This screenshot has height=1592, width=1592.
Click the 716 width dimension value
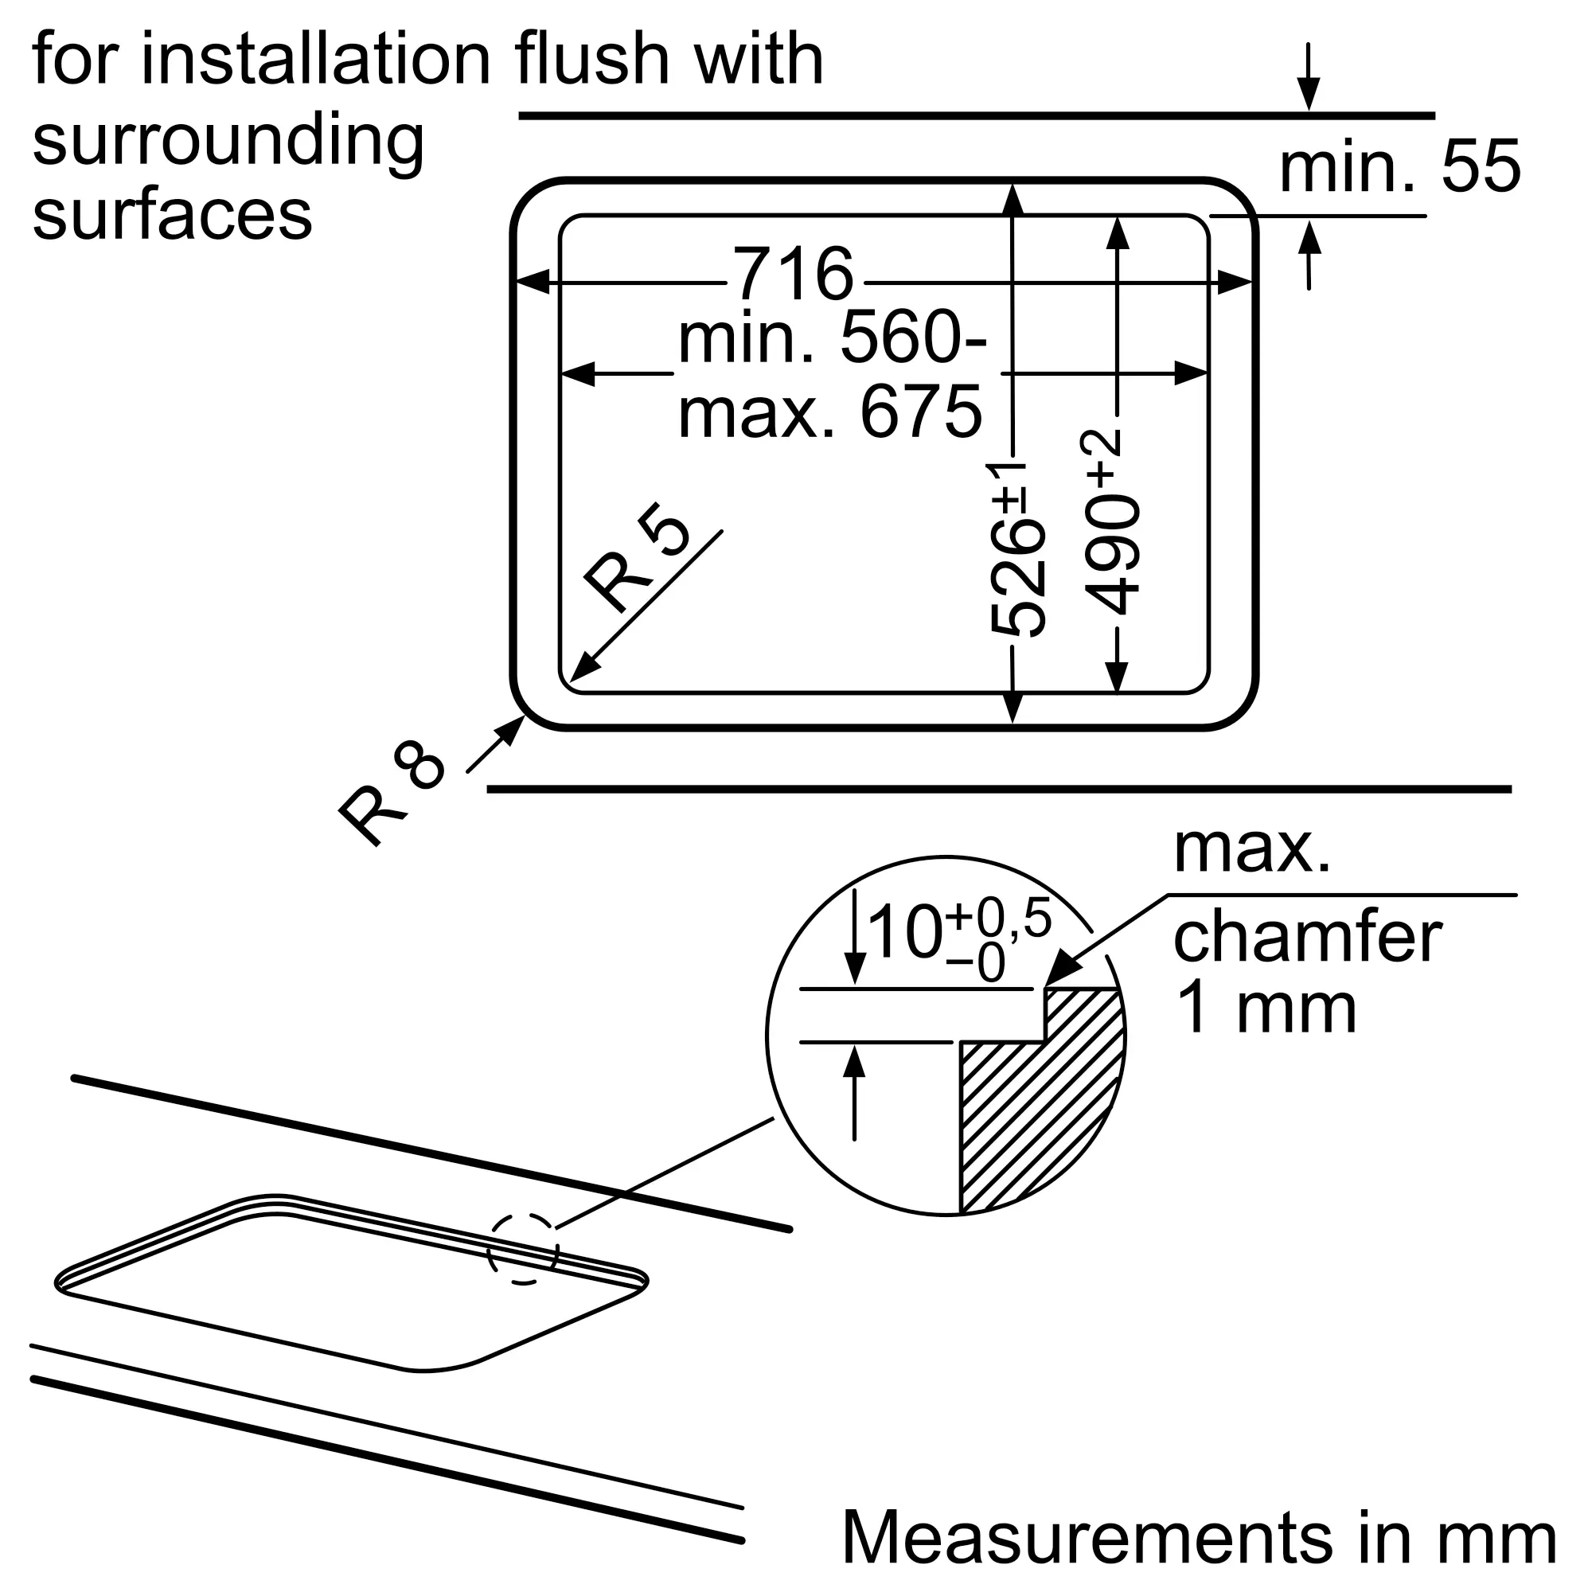pyautogui.click(x=793, y=275)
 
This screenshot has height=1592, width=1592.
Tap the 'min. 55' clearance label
pyautogui.click(x=1399, y=167)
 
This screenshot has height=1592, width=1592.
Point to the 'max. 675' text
pyautogui.click(x=829, y=412)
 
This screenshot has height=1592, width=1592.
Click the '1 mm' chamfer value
pyautogui.click(x=1265, y=1009)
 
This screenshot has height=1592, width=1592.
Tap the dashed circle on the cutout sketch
pyautogui.click(x=522, y=1248)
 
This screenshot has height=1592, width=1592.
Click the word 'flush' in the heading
pyautogui.click(x=591, y=60)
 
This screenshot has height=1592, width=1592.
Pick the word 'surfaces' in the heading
pyautogui.click(x=172, y=213)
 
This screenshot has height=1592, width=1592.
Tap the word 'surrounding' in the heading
pyautogui.click(x=228, y=141)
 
